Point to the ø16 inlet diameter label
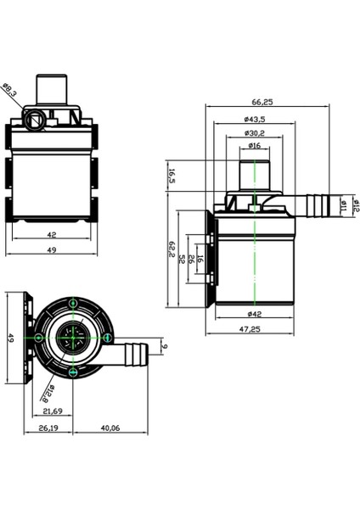pos(255,147)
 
